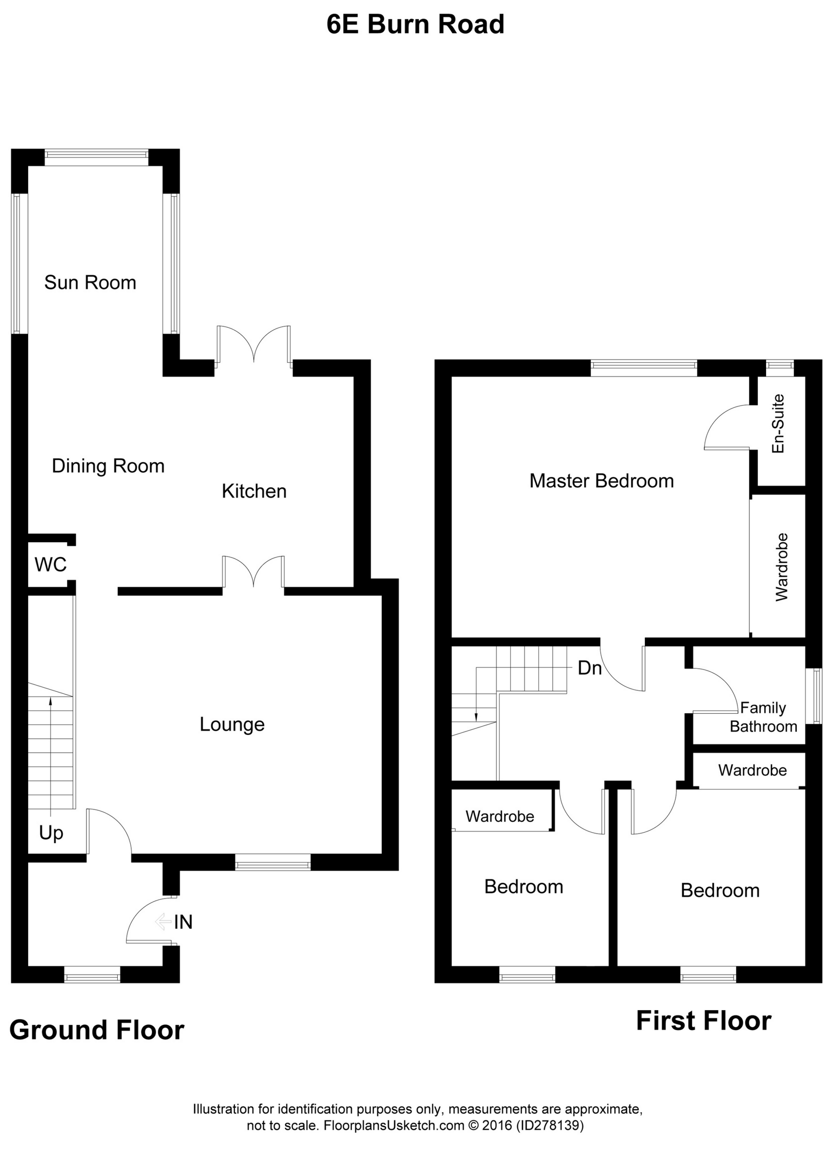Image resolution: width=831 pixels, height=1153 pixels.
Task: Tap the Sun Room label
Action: coord(90,283)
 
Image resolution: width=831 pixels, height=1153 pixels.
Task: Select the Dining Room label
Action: coord(108,466)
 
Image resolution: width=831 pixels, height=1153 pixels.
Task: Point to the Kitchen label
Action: coord(254,491)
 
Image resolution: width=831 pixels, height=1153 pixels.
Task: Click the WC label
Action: coord(50,564)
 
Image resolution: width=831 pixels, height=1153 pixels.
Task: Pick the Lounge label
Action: coord(232,725)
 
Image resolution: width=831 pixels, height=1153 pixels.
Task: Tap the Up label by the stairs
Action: coord(51,833)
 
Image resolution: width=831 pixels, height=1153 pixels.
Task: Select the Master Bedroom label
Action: coord(602,481)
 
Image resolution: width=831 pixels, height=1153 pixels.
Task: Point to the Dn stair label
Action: coord(589,668)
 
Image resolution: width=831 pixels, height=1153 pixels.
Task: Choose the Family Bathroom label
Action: coord(763,717)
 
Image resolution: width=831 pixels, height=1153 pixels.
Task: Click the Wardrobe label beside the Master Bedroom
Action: coord(782,567)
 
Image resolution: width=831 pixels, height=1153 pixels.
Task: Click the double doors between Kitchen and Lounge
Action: coord(253,574)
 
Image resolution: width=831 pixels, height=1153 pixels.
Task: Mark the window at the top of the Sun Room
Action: coord(97,158)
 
